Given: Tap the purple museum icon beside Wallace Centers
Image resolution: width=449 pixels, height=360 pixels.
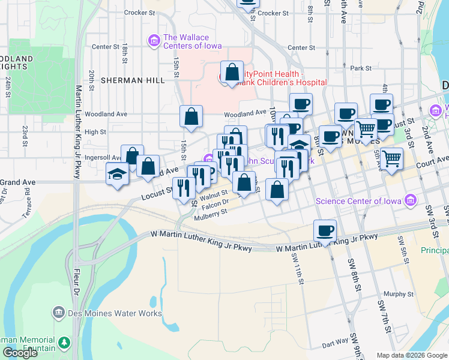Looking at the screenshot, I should (x=154, y=41).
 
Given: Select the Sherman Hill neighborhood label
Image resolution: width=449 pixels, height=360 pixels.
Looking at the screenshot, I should (x=130, y=80).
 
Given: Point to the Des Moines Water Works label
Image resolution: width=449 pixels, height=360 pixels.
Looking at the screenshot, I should (x=115, y=313).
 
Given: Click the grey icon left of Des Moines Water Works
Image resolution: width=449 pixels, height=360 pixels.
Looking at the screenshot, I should (x=58, y=313).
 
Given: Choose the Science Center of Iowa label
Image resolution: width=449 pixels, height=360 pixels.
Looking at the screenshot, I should (x=360, y=200).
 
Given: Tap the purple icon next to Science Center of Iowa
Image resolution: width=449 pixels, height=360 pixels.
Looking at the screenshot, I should (x=411, y=200).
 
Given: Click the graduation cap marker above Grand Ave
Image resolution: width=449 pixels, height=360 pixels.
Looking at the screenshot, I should (x=118, y=174).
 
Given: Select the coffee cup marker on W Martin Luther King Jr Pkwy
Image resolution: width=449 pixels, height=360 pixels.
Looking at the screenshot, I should (x=325, y=230).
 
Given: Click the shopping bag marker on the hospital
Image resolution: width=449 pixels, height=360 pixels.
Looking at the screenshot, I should (x=232, y=73).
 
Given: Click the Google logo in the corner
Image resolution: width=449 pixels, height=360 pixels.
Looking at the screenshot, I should (x=20, y=353).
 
